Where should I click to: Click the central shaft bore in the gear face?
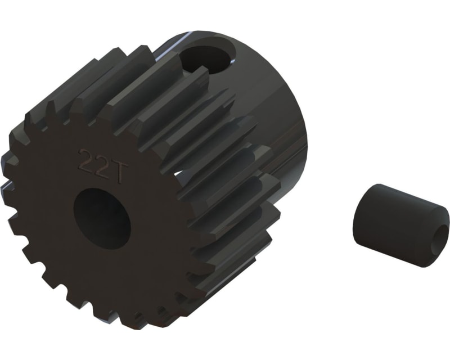102,218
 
